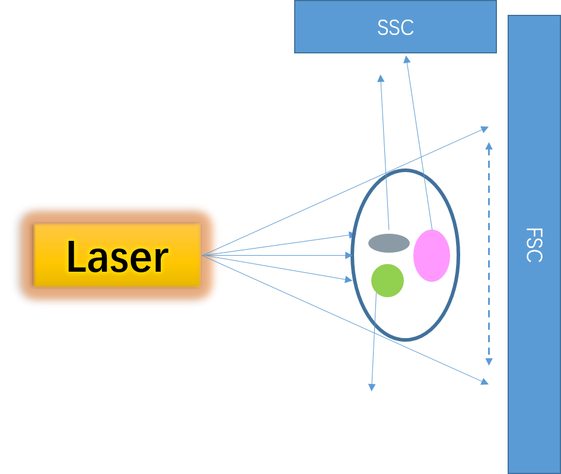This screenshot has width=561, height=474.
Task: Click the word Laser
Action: coord(117,257)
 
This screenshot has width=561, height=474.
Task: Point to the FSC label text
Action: coord(534,244)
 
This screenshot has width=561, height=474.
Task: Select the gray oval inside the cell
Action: coord(389,243)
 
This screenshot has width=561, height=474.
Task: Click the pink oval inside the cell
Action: coord(432,256)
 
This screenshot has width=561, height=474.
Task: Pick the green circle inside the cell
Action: coord(387,280)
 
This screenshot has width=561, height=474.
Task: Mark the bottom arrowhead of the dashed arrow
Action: coord(489,362)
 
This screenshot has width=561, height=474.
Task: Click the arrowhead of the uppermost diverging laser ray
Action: coord(485,128)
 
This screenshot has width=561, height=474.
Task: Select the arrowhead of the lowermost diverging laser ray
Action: coord(485,382)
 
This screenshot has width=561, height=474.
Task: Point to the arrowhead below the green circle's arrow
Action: coord(372,387)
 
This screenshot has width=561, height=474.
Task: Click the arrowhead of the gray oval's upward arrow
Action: coord(380,77)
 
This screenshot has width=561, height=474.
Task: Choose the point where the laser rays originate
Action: coord(202,256)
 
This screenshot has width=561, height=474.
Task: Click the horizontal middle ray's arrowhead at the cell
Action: coord(350,256)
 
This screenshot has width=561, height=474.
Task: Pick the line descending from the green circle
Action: coord(374,338)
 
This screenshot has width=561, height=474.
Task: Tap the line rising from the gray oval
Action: coord(384,154)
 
